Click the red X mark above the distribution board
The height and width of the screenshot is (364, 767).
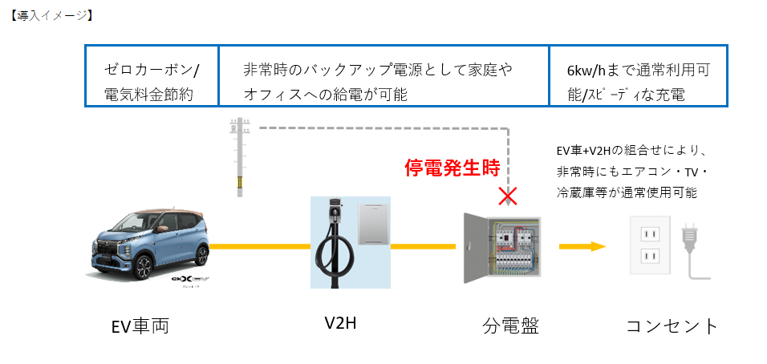(509, 197)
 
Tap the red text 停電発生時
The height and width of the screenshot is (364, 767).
(452, 168)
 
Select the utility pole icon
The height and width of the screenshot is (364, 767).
(240, 156)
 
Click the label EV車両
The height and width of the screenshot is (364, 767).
(140, 326)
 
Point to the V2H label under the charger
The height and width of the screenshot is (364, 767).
(340, 323)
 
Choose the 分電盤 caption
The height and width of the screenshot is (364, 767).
(510, 326)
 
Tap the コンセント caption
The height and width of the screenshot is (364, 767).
(672, 326)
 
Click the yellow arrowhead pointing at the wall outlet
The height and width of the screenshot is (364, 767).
(599, 246)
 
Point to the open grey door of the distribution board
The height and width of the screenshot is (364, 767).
(474, 249)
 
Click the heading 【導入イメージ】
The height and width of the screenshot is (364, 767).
(51, 16)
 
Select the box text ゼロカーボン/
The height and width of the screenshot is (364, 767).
(152, 71)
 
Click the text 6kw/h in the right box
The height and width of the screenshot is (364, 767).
(586, 71)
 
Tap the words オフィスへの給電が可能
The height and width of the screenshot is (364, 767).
(325, 95)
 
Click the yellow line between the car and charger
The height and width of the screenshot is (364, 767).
(260, 246)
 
